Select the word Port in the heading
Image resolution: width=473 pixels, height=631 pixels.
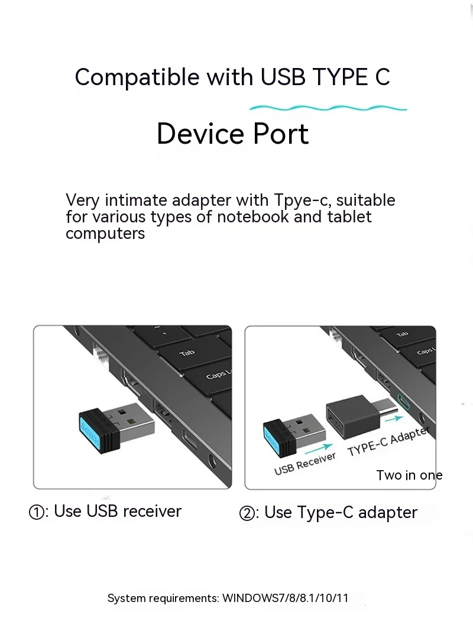point(281,134)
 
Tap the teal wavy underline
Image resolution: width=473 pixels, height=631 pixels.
point(328,108)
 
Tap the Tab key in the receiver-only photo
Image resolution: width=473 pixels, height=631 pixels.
point(187,352)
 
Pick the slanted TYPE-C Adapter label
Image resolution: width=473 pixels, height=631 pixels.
point(388,441)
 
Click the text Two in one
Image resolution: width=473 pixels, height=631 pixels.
point(409,475)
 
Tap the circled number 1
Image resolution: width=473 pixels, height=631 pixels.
point(37,513)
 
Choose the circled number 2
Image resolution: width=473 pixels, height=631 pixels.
point(247,513)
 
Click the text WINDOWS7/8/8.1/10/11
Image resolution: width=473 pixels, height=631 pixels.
point(285,598)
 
